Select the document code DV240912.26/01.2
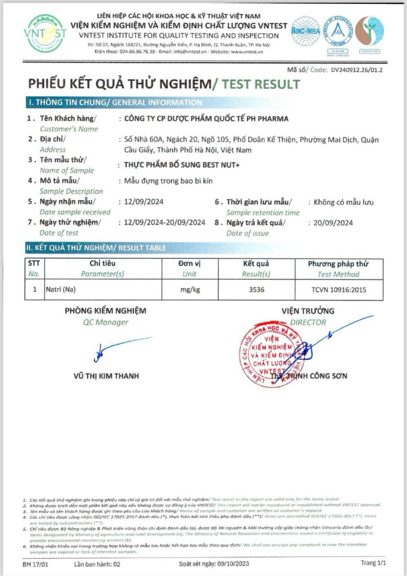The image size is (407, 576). (357, 70)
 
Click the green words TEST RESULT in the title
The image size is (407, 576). (261, 84)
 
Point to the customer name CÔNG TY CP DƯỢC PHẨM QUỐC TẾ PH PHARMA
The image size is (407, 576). (206, 119)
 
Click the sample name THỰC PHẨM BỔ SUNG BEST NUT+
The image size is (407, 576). (182, 165)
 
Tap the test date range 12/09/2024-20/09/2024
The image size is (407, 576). (164, 223)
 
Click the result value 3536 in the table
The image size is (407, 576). (257, 290)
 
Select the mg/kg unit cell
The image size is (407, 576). (190, 290)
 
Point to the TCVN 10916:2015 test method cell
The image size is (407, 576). (339, 290)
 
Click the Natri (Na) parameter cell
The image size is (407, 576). (61, 290)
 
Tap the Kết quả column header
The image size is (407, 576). (256, 263)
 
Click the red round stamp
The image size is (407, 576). (271, 353)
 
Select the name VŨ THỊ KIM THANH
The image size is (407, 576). (106, 376)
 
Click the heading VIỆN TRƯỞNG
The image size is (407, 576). (308, 311)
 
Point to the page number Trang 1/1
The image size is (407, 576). (373, 563)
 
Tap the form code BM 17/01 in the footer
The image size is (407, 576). (34, 563)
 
